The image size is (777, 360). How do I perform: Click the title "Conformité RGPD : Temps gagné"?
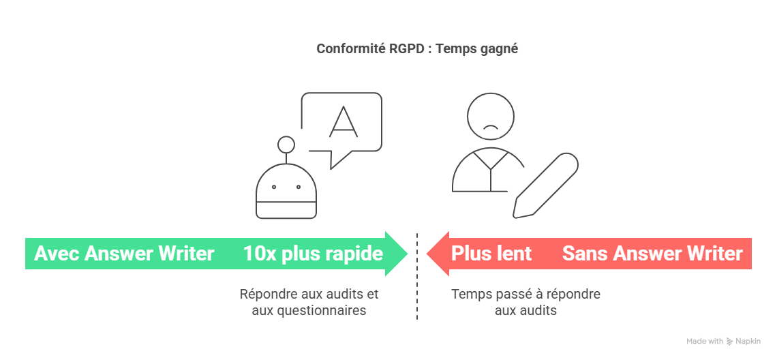coord(417,49)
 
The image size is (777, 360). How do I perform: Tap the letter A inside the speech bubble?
coord(343,121)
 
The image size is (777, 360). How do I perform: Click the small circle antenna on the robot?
coord(286,145)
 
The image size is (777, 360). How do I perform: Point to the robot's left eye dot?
coord(273,187)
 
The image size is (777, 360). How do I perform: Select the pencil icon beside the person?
coord(545,185)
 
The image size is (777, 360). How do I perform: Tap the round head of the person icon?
coord(491,117)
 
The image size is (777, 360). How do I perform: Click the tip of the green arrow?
coord(408,254)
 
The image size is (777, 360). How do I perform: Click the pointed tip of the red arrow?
coord(427,254)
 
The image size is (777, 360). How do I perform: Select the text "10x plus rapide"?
coord(313,254)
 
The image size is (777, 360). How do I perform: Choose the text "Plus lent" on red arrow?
coord(491,254)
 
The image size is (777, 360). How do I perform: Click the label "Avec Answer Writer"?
coord(124,254)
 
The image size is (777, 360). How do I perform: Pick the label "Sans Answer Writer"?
coord(652,254)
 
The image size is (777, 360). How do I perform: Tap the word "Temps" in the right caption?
coord(468,294)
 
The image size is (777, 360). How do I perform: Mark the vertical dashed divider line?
coord(417,275)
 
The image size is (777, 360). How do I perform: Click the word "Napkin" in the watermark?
coord(747,341)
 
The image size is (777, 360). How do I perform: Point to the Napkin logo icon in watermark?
coord(730,341)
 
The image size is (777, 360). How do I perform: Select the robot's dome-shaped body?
coord(286,191)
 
